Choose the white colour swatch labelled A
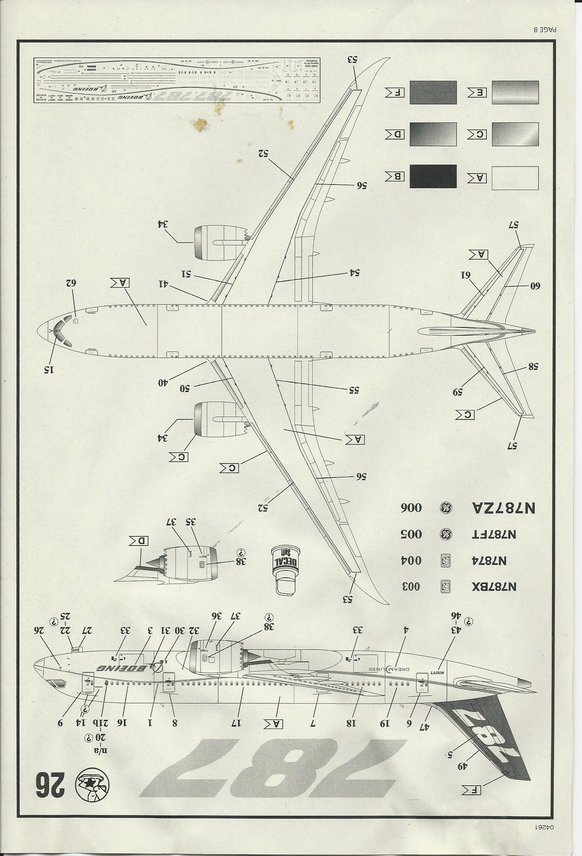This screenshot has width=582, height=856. pos(515,178)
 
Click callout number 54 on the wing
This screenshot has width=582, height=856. pos(353,273)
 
